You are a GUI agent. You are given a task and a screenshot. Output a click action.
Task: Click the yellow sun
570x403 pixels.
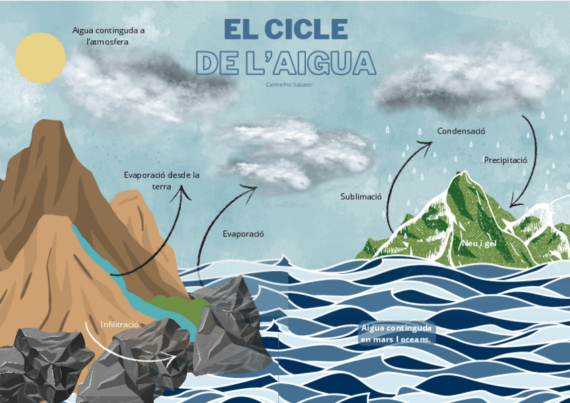click(40, 58)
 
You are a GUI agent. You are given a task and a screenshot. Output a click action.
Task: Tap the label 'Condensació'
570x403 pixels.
click(461, 131)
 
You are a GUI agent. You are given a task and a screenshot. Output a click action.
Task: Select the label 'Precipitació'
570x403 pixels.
click(505, 160)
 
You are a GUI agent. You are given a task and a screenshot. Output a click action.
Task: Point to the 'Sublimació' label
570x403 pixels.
click(361, 197)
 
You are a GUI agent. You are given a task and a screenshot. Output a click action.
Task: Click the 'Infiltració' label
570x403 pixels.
click(120, 324)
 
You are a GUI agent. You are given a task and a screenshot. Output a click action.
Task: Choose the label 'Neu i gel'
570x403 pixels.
click(479, 242)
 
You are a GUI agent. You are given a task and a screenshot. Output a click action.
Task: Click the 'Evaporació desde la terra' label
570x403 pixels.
click(161, 181)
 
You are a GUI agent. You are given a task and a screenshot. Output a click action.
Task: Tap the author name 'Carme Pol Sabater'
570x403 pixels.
click(290, 84)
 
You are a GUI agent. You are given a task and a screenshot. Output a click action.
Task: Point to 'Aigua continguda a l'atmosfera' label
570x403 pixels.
click(108, 36)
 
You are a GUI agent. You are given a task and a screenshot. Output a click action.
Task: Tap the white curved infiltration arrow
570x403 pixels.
click(128, 347)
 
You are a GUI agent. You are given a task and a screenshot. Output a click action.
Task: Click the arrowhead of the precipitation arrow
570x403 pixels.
click(514, 203)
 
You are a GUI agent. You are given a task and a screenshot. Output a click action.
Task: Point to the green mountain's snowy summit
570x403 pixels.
click(461, 176)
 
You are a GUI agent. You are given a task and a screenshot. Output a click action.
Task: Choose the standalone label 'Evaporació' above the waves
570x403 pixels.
click(243, 234)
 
